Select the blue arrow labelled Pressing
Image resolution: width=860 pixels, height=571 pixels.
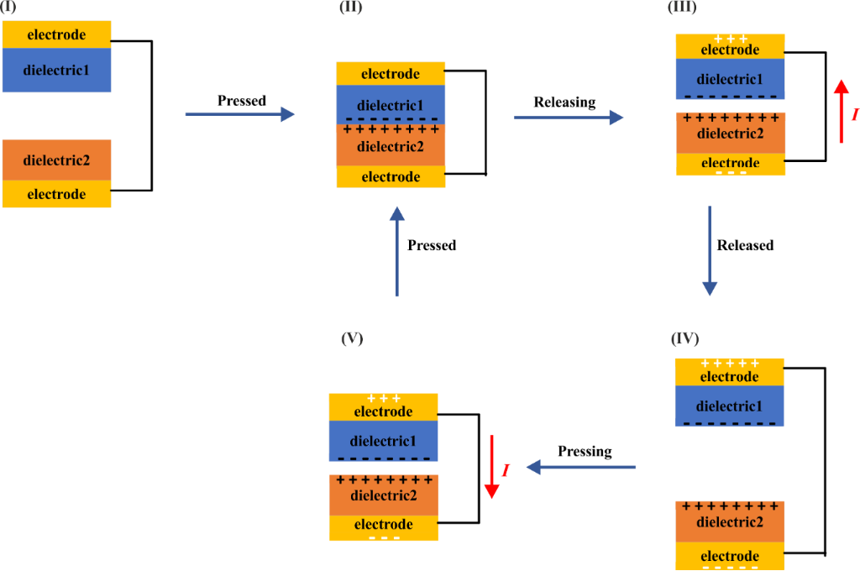coord(579,467)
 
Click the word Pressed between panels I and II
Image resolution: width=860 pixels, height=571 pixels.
coord(242,101)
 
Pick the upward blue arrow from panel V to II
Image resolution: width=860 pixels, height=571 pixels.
coord(396,252)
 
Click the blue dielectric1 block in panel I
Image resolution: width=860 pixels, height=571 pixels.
coord(57,71)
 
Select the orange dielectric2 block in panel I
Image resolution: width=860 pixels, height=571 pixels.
coord(57,160)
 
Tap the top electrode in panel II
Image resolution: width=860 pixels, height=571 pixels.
coord(391,74)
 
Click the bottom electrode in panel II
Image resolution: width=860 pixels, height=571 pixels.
coord(391,176)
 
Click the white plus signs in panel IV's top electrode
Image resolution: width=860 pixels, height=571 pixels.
coord(730,364)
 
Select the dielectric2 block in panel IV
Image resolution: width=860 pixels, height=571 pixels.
coord(730,521)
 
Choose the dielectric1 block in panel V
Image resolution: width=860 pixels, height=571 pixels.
coord(383,441)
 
